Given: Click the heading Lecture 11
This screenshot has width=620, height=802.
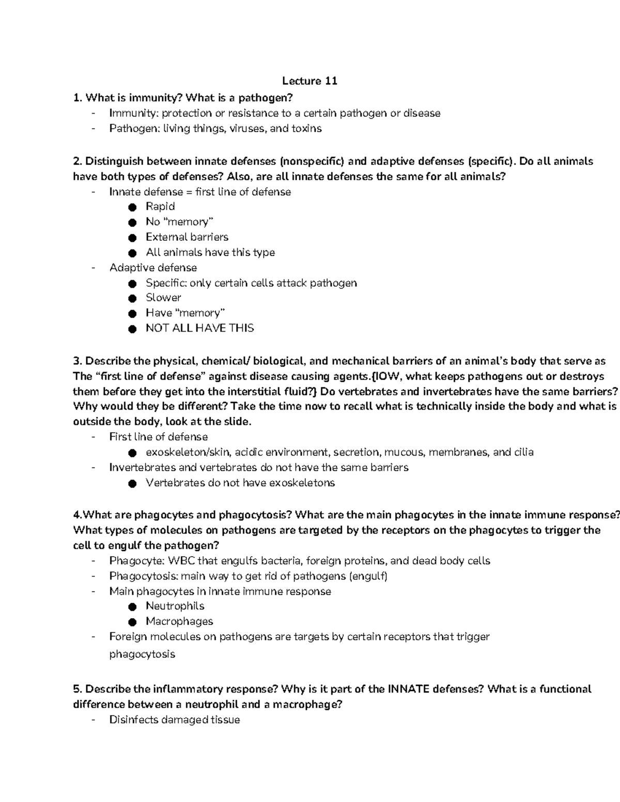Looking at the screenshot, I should click(x=309, y=81).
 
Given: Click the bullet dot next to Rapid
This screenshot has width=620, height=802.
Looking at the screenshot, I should click(x=133, y=207).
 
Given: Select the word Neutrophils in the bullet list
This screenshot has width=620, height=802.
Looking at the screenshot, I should click(x=175, y=606).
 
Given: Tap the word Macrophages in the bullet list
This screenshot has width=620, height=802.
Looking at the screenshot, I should click(x=179, y=621).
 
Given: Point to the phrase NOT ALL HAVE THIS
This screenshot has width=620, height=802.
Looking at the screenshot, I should click(x=199, y=328).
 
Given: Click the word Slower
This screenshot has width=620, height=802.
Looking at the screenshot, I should click(x=163, y=297).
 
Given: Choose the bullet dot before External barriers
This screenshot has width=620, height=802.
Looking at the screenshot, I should click(x=133, y=238).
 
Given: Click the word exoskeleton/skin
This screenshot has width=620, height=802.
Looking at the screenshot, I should click(x=188, y=452).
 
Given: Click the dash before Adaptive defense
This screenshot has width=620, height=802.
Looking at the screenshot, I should click(x=93, y=268).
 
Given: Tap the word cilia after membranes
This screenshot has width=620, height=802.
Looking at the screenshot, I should click(x=523, y=452).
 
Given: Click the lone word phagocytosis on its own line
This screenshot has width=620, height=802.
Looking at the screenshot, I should click(x=142, y=654).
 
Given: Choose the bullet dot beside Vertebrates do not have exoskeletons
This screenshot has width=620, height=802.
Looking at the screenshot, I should click(x=133, y=483).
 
